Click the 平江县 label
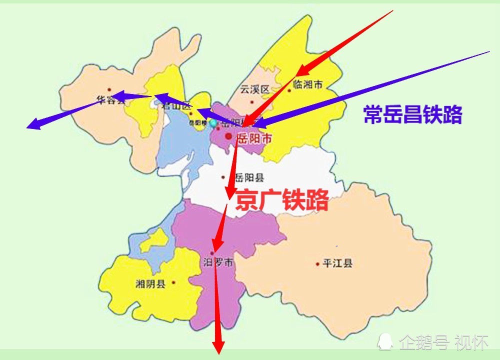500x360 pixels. pos(337,263)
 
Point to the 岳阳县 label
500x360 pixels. pos(249,177)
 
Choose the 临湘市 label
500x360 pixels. pos(308,85)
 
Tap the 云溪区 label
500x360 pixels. pos(254,89)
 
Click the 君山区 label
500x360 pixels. pos(179,106)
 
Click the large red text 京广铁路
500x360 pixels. pos(282,200)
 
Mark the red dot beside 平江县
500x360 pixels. pos(317,263)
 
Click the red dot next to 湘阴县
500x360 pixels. pos(174,282)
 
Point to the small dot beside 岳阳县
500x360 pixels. pos(223,177)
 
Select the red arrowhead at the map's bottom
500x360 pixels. pos(218,348)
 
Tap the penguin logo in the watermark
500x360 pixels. pos(385,342)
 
